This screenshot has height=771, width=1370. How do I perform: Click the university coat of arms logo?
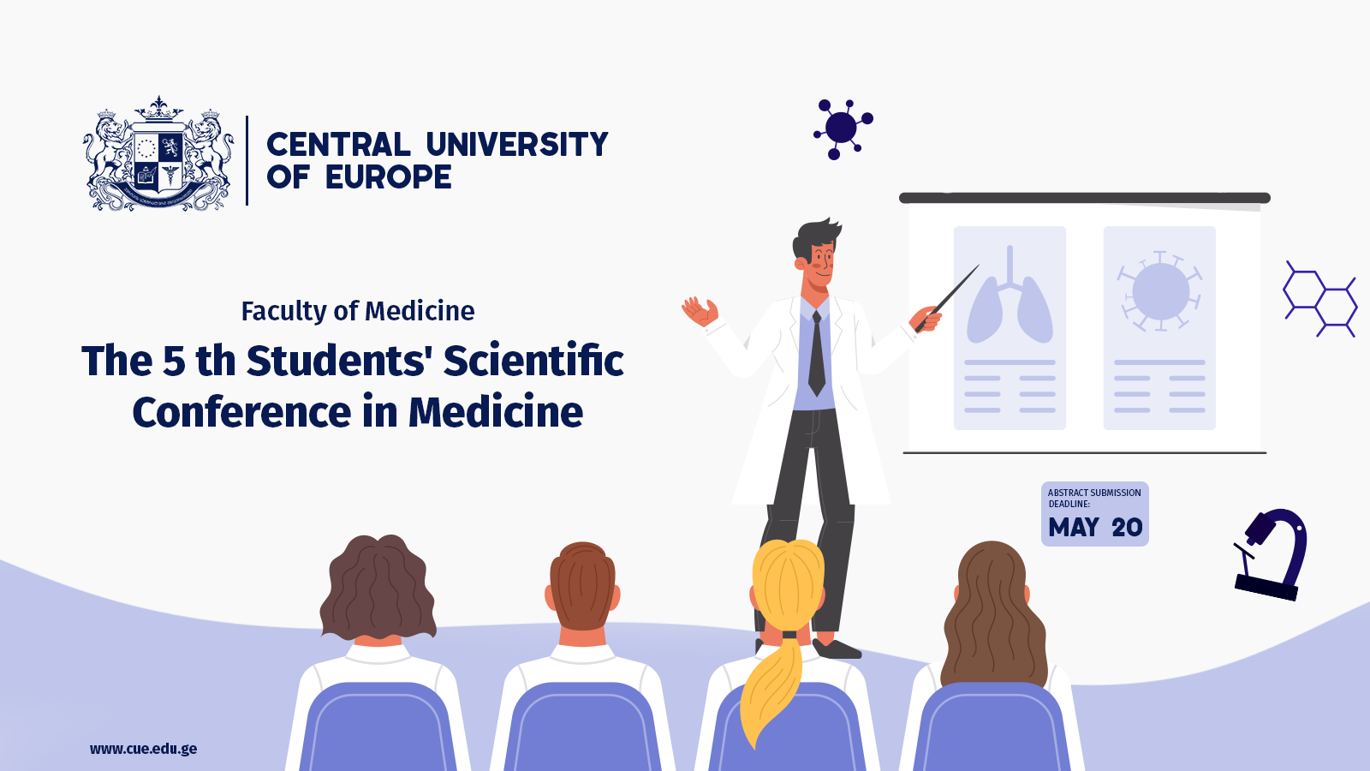pos(158,153)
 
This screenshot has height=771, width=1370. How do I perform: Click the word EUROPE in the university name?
pos(389,177)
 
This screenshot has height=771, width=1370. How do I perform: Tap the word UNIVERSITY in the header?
pos(517,145)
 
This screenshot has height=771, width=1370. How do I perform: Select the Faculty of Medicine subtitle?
pos(358,311)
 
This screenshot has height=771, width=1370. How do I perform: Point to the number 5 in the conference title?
pos(174,361)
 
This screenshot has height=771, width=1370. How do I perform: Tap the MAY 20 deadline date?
pos(1095,528)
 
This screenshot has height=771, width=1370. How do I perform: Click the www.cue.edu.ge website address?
pos(143,749)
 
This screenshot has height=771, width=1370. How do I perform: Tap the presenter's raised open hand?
pos(700,312)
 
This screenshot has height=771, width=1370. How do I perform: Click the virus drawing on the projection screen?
pos(1159,291)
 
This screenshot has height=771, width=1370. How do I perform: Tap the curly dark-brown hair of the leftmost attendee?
pos(378,588)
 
